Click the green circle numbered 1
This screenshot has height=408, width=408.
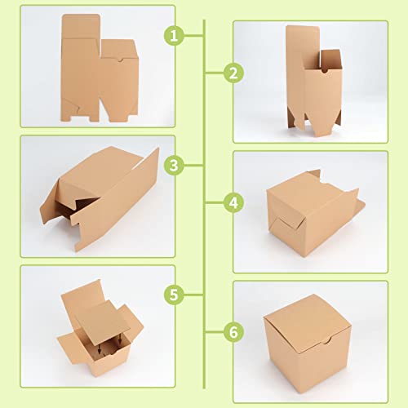tap(172, 36)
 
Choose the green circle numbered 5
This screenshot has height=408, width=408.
tap(172, 292)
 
